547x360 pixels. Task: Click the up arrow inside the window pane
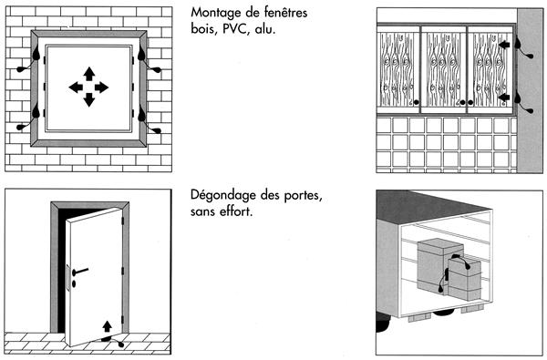tap(89, 74)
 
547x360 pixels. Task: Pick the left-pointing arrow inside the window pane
tap(76, 87)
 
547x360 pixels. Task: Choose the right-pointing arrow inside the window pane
tap(101, 87)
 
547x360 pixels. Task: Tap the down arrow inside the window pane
tap(89, 100)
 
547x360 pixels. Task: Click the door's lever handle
tap(80, 271)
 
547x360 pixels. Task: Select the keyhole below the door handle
tap(74, 283)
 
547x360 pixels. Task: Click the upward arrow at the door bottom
tap(107, 326)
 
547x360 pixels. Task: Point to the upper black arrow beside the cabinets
tap(504, 45)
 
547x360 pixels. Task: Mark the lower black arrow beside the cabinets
tap(504, 97)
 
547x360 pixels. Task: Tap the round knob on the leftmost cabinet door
tap(416, 102)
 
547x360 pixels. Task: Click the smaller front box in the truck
tap(464, 278)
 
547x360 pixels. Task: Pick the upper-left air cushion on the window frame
tap(36, 54)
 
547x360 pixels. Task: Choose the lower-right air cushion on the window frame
tap(141, 113)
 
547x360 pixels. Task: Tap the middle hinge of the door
tap(123, 271)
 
